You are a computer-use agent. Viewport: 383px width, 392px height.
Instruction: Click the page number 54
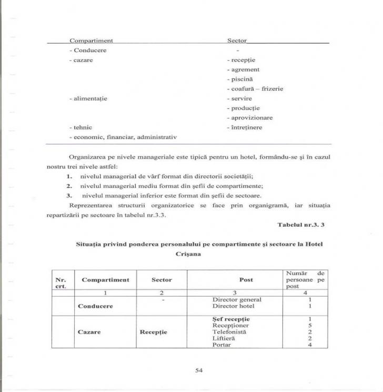point(199,370)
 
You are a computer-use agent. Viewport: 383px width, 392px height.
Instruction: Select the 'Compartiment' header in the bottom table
point(105,280)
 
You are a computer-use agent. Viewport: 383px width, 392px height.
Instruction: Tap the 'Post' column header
point(246,280)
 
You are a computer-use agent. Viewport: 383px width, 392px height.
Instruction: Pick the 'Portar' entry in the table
point(221,345)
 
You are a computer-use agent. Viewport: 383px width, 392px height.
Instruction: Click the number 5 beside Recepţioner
point(310,326)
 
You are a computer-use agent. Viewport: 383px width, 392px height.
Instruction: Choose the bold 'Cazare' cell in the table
point(89,332)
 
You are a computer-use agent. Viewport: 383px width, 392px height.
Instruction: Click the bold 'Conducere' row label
point(95,306)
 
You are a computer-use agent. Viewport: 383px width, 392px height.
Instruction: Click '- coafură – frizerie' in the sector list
point(255,89)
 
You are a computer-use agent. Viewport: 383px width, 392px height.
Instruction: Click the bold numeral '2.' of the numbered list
point(69,186)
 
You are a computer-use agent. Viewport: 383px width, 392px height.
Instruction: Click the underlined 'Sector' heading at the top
point(237,41)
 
